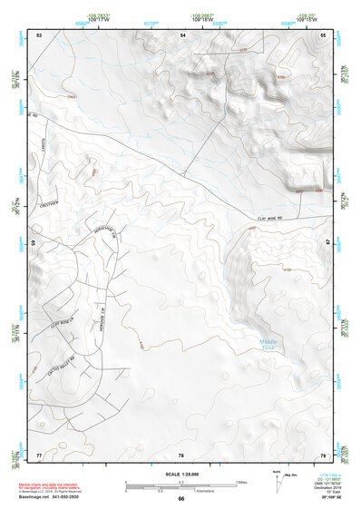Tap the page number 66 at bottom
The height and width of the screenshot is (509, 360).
pos(180,498)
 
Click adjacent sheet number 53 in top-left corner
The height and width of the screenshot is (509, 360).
pos(39,34)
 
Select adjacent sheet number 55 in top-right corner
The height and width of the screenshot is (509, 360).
pos(323,34)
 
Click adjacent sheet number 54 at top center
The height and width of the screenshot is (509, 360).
pos(181,34)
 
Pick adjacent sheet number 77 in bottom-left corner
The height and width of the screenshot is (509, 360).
pos(39,454)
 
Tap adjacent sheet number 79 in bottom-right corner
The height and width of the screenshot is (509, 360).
pos(323,454)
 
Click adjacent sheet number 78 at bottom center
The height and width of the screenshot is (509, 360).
pos(181,454)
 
